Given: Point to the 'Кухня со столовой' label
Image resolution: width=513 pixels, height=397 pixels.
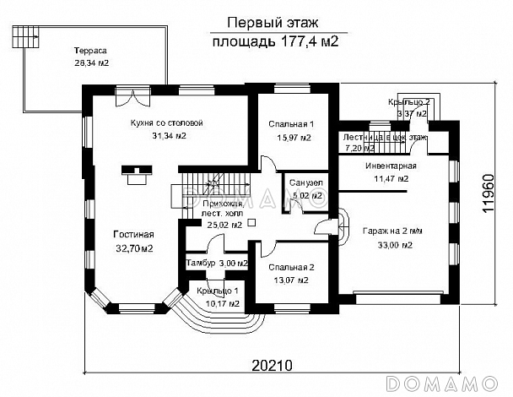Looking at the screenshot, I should click(x=166, y=122).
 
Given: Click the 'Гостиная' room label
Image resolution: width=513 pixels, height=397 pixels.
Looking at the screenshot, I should click(x=134, y=234).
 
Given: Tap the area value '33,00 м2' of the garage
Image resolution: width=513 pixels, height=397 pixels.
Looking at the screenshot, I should click(x=394, y=246).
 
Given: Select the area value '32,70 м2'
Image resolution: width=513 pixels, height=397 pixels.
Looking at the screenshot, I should click(x=134, y=248).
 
